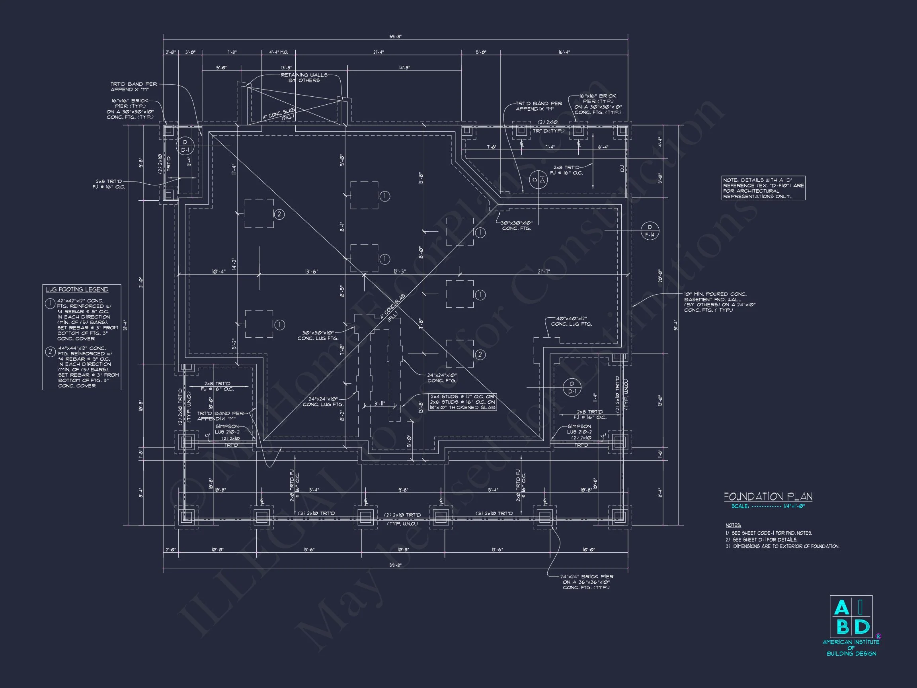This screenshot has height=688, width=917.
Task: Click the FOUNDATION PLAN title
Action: click(x=768, y=496)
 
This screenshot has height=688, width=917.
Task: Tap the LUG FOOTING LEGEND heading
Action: click(x=77, y=289)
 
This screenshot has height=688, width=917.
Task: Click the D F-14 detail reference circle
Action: click(x=650, y=231)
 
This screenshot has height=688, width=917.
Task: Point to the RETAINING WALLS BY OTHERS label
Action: click(x=304, y=78)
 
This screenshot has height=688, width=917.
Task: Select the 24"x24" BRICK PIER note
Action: click(x=587, y=582)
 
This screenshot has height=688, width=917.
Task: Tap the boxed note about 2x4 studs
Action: click(x=462, y=402)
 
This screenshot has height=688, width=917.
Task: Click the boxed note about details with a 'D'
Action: click(x=763, y=188)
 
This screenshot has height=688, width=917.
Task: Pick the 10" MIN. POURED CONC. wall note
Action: click(x=720, y=302)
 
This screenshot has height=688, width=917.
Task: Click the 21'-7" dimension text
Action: click(x=544, y=272)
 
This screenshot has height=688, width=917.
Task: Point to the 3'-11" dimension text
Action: click(x=380, y=403)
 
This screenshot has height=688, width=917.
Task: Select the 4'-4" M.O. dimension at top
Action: click(x=279, y=52)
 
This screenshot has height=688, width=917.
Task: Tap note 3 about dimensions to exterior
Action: click(x=782, y=547)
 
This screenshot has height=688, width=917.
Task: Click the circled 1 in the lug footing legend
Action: click(x=50, y=304)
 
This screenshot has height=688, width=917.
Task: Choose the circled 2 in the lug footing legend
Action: click(x=50, y=352)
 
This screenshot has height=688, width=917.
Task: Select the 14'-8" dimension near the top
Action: click(x=404, y=68)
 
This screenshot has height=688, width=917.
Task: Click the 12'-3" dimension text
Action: click(x=400, y=272)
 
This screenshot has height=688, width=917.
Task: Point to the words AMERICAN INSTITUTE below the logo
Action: click(x=851, y=642)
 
